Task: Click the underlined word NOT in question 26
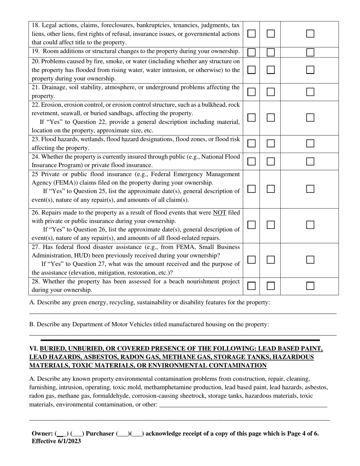(x=219, y=213)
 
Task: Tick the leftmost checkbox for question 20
(x=251, y=70)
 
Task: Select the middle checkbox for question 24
(x=271, y=161)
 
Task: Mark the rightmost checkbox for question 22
(x=310, y=117)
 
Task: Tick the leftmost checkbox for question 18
(x=251, y=34)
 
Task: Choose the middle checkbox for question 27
(x=271, y=260)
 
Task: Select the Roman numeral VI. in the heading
(x=34, y=349)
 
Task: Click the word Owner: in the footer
(x=42, y=434)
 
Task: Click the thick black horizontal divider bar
(x=180, y=340)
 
